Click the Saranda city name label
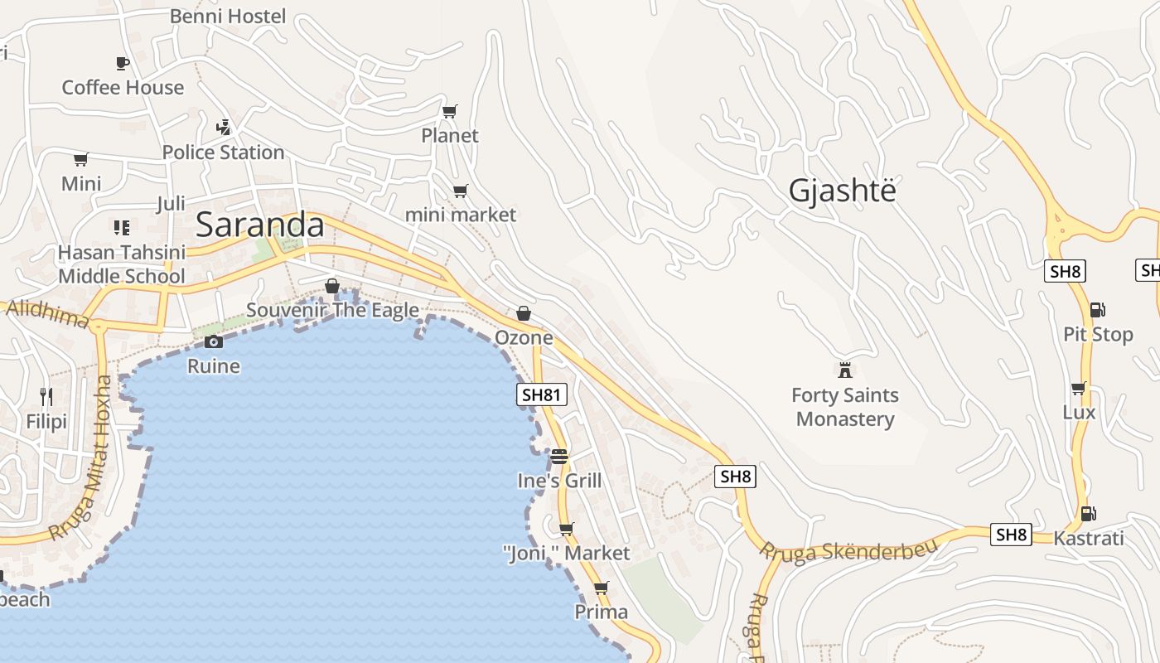pyautogui.click(x=260, y=225)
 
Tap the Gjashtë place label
pyautogui.click(x=843, y=191)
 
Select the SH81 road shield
pyautogui.click(x=542, y=394)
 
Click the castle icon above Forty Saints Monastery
pyautogui.click(x=845, y=370)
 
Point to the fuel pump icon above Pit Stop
pyautogui.click(x=1098, y=310)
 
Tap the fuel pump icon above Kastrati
pyautogui.click(x=1089, y=514)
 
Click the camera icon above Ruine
pyautogui.click(x=214, y=341)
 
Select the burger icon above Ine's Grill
pyautogui.click(x=559, y=456)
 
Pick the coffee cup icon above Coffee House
pyautogui.click(x=123, y=63)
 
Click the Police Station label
pyautogui.click(x=223, y=152)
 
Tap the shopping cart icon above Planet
pyautogui.click(x=450, y=111)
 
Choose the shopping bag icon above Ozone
pyautogui.click(x=524, y=313)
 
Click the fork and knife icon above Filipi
pyautogui.click(x=46, y=398)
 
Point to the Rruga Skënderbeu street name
pyautogui.click(x=848, y=551)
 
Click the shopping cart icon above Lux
pyautogui.click(x=1078, y=388)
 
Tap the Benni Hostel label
pyautogui.click(x=228, y=16)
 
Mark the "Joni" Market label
pyautogui.click(x=567, y=553)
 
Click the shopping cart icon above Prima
pyautogui.click(x=602, y=588)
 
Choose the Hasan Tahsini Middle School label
pyautogui.click(x=121, y=264)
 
